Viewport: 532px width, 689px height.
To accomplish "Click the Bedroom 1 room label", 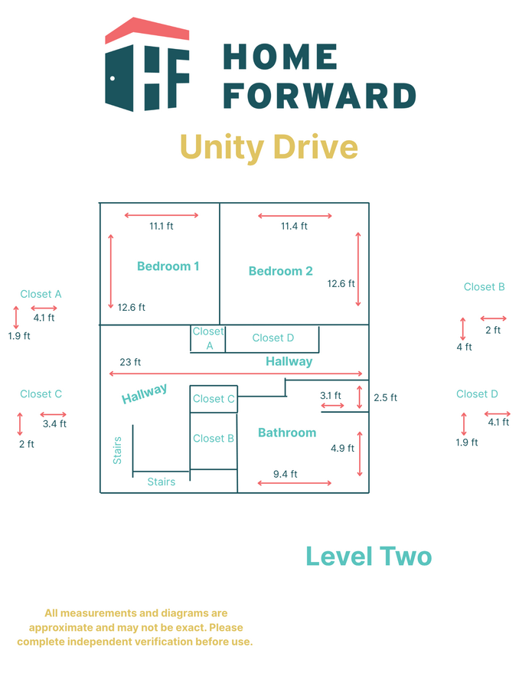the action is point(168,266).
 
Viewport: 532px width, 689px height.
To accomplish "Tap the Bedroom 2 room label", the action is point(280,271).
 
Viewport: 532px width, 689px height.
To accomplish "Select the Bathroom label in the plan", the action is point(287,433).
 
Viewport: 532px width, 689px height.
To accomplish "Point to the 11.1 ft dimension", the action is point(162,226).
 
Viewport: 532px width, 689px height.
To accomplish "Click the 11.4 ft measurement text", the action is point(294,226).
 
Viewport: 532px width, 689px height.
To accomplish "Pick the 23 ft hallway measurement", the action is point(130,362).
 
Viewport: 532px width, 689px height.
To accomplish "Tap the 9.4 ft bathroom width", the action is point(285,474).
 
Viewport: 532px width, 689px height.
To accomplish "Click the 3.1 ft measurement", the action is point(331,395).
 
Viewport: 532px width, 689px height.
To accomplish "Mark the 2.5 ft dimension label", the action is point(386,397).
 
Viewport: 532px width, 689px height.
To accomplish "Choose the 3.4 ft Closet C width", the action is point(54,423).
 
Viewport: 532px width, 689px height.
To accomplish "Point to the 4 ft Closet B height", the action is point(464,347).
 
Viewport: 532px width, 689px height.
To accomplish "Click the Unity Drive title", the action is point(269,146).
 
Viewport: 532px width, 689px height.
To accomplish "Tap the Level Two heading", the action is point(369,557).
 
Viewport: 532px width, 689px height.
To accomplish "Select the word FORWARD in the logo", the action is point(319,96).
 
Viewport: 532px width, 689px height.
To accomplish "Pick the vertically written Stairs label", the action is point(117,450).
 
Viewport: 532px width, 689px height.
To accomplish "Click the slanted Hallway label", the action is point(145,393).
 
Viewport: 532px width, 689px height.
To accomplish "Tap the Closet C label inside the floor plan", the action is point(214,399).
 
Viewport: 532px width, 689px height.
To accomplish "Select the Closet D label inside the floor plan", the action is point(273,338).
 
